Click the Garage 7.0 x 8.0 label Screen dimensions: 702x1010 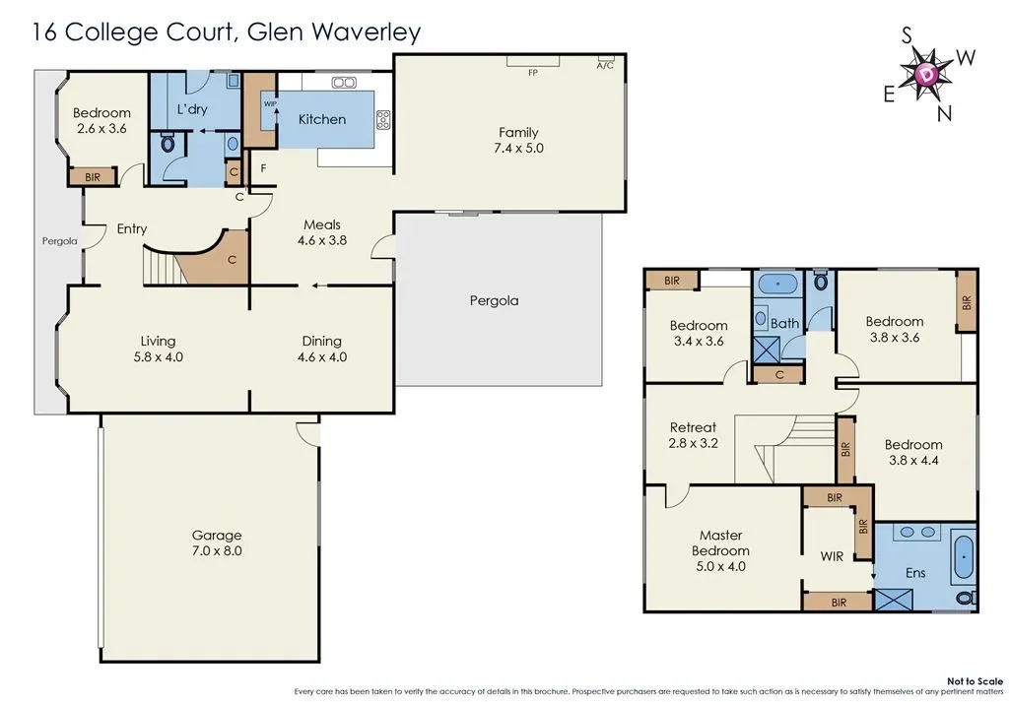tap(216, 543)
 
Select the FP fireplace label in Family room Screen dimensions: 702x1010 tap(532, 73)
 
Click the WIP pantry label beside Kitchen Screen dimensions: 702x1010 tap(268, 102)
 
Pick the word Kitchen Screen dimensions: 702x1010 tap(322, 119)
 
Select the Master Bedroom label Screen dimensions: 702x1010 tap(720, 543)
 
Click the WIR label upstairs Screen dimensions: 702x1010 tap(833, 556)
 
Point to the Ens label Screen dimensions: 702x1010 tap(915, 572)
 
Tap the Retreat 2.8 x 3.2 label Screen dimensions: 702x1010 tap(693, 435)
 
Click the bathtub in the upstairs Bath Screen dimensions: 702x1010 tap(780, 284)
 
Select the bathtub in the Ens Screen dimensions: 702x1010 tap(964, 556)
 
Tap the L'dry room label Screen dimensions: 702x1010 tap(191, 109)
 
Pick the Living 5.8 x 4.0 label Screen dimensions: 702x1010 tap(159, 350)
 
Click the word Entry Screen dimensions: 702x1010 tap(132, 228)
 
